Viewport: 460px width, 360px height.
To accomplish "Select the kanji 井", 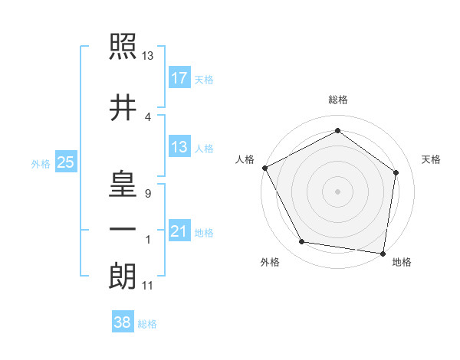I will click(x=123, y=107).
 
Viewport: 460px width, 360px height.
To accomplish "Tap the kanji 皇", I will click(x=123, y=184).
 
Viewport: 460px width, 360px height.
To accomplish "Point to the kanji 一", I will click(x=123, y=230).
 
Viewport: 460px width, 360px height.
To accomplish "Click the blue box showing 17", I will click(x=179, y=77).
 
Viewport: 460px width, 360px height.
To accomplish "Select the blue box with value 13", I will click(x=179, y=147).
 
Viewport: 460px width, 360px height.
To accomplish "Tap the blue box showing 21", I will click(x=179, y=231).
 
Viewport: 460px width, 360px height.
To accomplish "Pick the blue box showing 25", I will click(x=65, y=162).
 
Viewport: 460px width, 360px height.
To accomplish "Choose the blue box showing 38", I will click(x=123, y=322).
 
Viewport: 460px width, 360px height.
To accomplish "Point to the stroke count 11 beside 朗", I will click(x=147, y=286).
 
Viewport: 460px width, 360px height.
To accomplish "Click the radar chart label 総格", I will click(x=337, y=100).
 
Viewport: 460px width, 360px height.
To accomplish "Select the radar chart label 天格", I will click(x=432, y=159).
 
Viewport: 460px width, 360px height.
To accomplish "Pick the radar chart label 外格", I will click(x=270, y=263).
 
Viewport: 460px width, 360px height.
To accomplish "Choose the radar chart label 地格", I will click(x=402, y=263).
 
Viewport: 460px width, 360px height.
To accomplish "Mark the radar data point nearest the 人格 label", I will click(x=264, y=168).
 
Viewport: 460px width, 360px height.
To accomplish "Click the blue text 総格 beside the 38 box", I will click(x=147, y=324).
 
